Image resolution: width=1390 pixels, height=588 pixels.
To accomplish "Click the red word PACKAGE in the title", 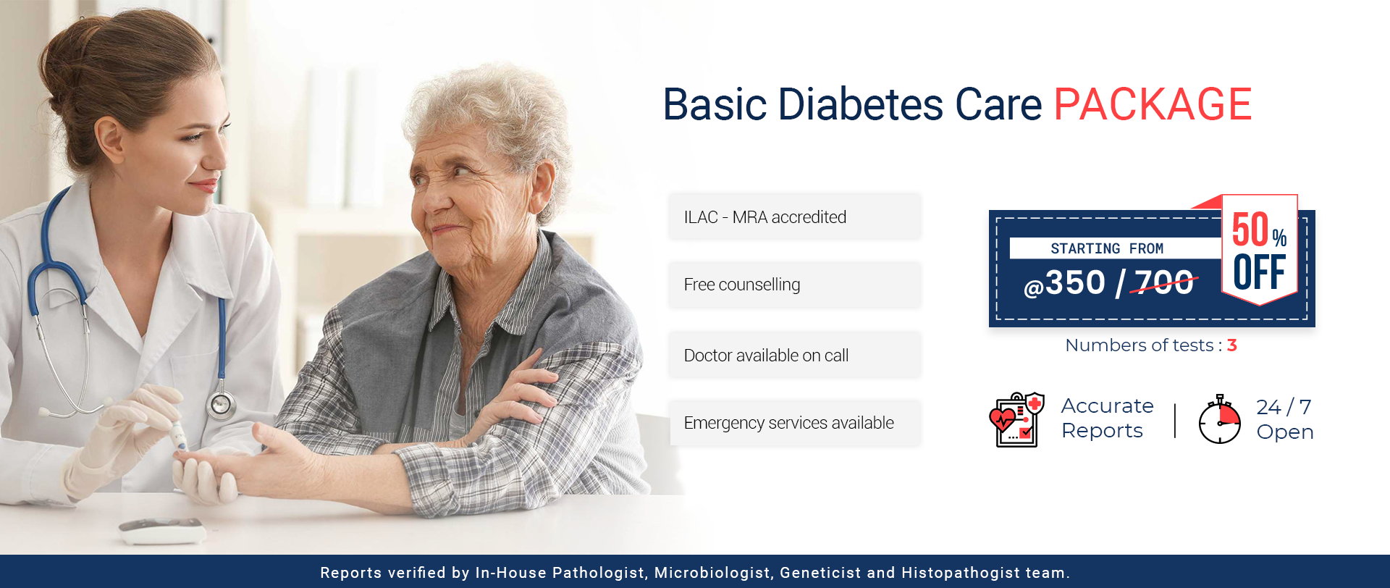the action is click(x=1153, y=104).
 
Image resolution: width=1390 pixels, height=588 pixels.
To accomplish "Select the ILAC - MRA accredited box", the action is click(x=794, y=217).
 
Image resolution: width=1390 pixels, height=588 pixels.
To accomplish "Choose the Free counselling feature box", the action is click(x=794, y=285).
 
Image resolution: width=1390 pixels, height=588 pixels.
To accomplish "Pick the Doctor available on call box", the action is click(x=794, y=355).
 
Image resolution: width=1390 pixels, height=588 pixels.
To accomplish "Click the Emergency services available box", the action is click(x=794, y=423).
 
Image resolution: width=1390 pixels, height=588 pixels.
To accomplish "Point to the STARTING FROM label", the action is click(x=1107, y=248).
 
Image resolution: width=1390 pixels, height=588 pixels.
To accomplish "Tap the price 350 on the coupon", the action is click(x=1075, y=282).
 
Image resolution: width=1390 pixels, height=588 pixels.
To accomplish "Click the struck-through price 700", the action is click(x=1164, y=282).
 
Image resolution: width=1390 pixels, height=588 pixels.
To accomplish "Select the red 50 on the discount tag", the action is click(x=1250, y=230).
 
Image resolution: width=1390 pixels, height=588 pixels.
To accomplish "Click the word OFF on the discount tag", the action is click(x=1260, y=272).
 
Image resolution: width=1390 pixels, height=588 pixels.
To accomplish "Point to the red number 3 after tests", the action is click(x=1232, y=345).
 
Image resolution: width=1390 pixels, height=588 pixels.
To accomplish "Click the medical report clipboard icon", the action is click(x=1017, y=420).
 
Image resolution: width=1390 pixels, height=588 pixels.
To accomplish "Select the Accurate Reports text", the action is click(x=1107, y=418).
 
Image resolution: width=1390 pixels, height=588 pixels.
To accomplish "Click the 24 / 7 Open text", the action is click(x=1284, y=419).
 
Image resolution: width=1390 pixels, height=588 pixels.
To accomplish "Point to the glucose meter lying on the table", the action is click(x=163, y=531).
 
